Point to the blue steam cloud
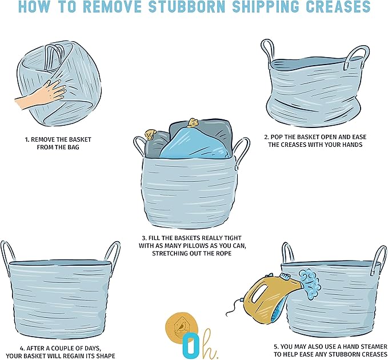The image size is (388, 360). [310, 283]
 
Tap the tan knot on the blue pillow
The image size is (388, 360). [193, 123]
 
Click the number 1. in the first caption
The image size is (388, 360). [27, 140]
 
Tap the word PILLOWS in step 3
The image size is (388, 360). [198, 246]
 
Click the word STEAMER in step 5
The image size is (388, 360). [375, 347]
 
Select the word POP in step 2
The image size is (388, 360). [276, 137]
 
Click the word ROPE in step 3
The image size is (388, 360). [223, 254]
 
